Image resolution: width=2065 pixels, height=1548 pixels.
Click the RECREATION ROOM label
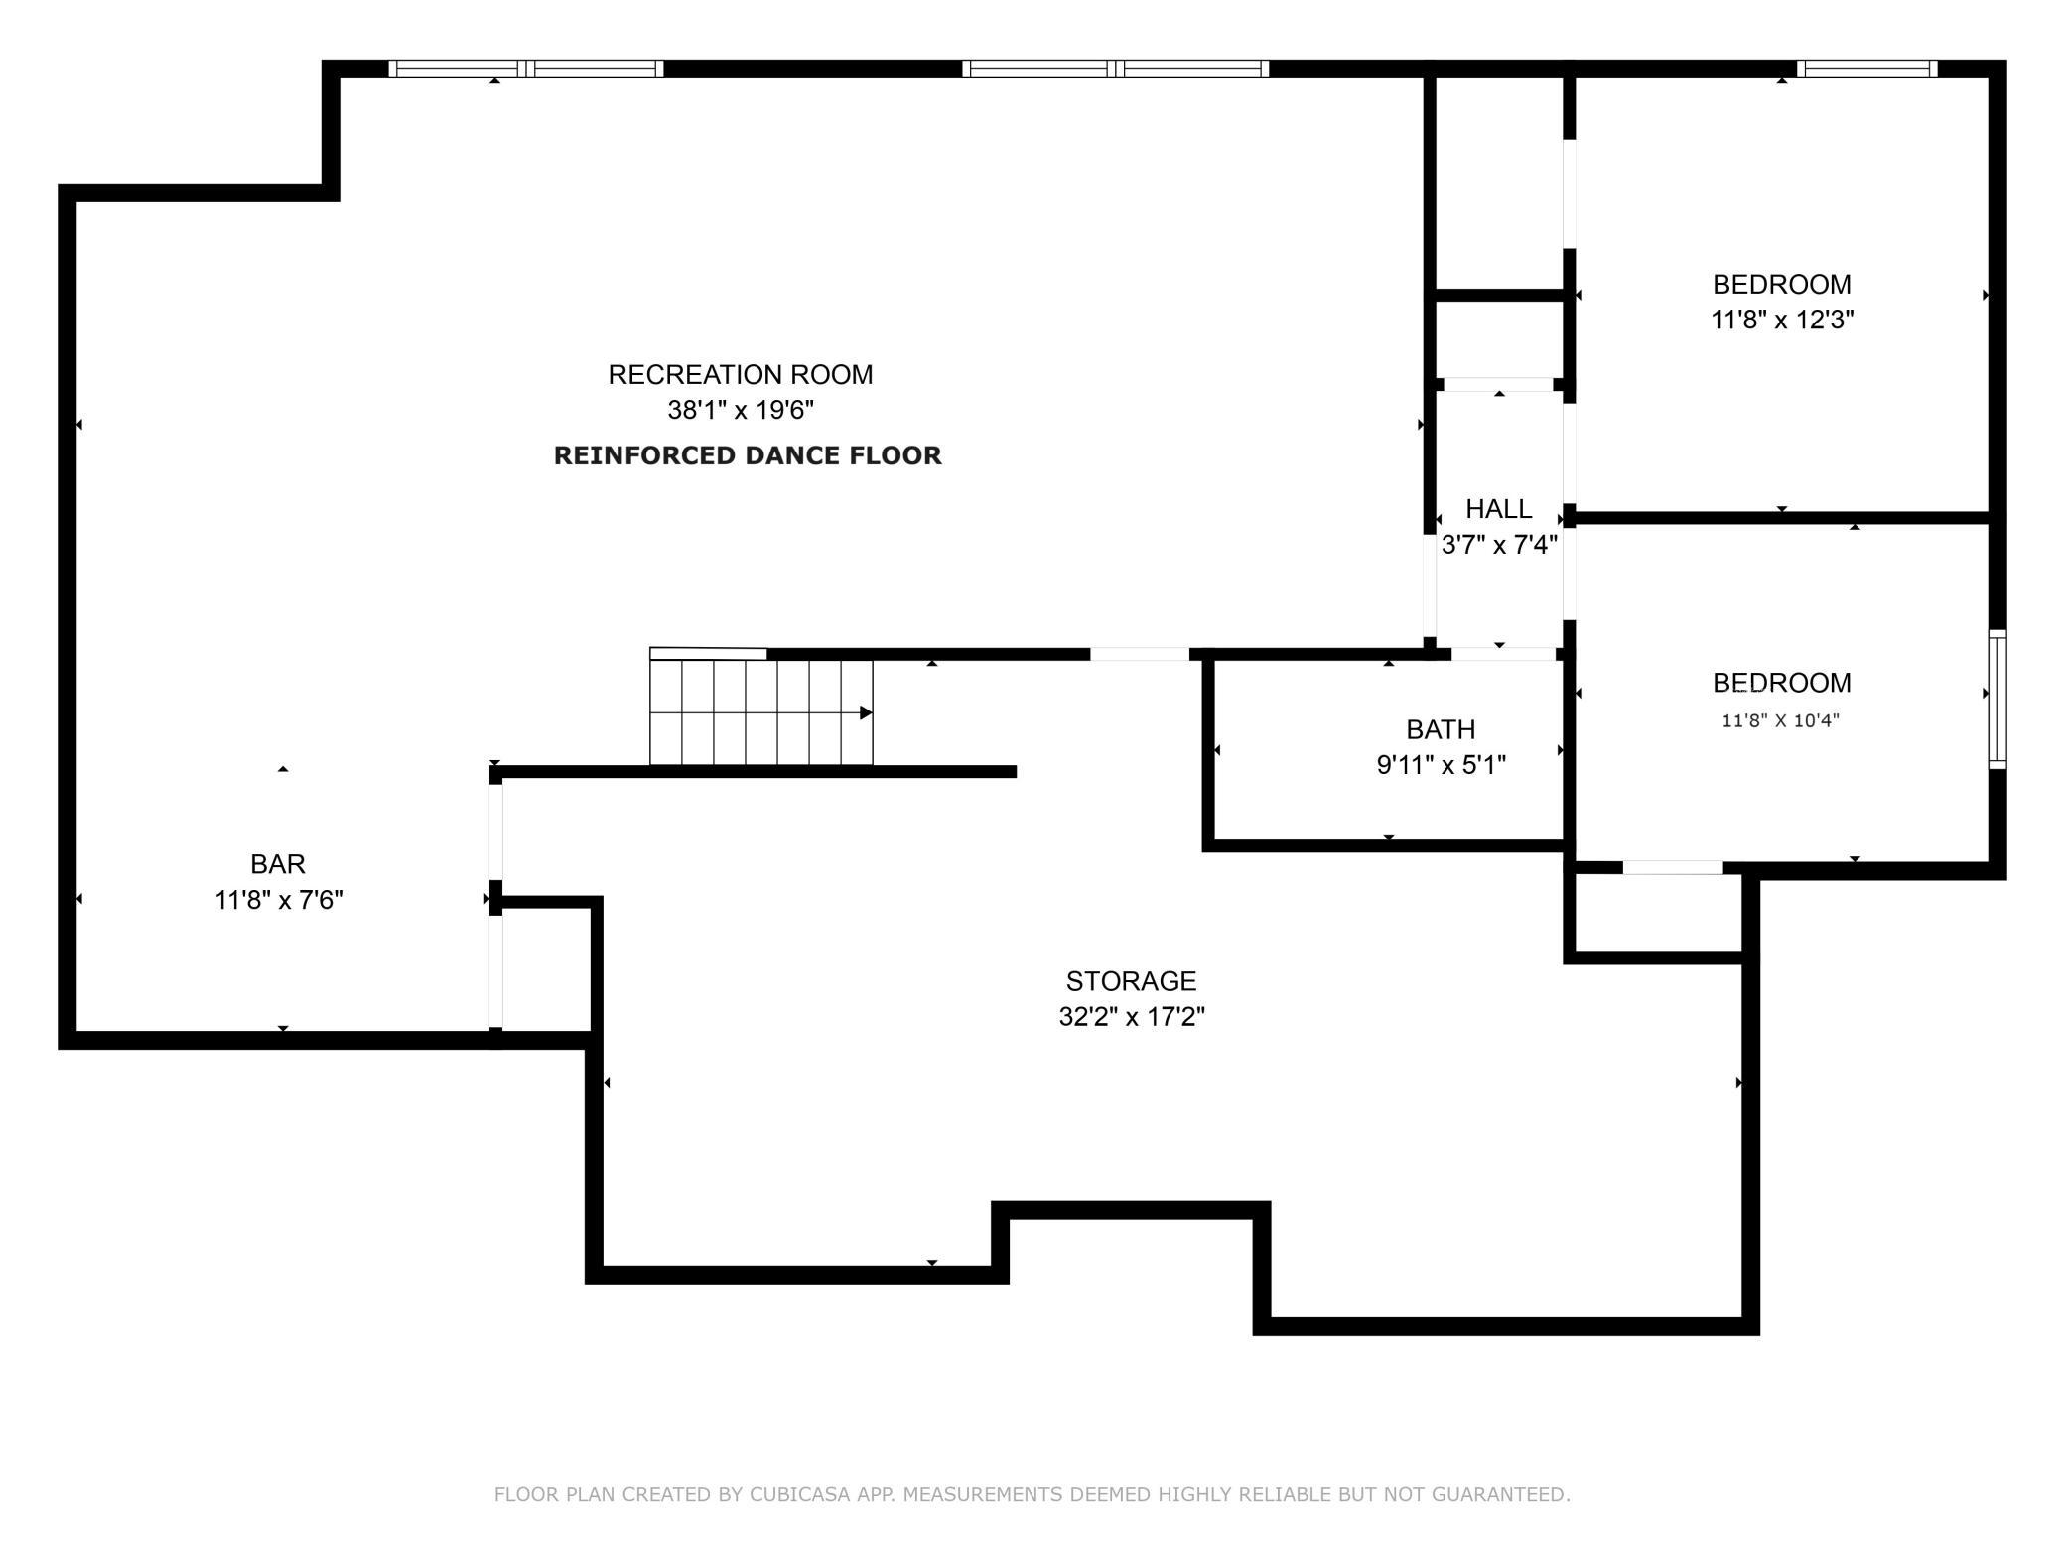(x=740, y=374)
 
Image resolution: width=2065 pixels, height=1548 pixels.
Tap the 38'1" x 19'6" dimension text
(x=740, y=410)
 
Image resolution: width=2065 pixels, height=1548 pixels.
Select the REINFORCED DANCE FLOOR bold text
(x=747, y=455)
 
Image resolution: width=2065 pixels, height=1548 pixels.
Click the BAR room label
(x=278, y=864)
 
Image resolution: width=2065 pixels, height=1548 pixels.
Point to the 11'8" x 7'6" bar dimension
(x=279, y=900)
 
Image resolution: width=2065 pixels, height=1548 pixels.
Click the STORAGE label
(x=1131, y=981)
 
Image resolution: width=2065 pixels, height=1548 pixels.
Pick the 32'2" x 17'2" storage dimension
(x=1131, y=1017)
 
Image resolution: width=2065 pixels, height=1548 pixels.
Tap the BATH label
(x=1441, y=729)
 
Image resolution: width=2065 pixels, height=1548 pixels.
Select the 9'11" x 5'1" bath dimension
(x=1441, y=765)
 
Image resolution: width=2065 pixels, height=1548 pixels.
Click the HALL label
(x=1498, y=509)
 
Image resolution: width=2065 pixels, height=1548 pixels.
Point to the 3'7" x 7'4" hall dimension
(x=1498, y=545)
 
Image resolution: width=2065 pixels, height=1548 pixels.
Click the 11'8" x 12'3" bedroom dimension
(x=1781, y=320)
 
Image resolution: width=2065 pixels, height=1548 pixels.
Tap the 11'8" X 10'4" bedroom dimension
(x=1780, y=721)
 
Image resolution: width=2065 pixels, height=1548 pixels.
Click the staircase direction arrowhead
(x=866, y=712)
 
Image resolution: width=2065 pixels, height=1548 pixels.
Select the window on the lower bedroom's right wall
(x=1996, y=699)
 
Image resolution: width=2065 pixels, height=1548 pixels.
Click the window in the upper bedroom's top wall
(x=1866, y=68)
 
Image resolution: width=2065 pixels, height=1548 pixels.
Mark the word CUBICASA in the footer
(x=793, y=1494)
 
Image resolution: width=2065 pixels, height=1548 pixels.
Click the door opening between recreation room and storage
(x=1140, y=654)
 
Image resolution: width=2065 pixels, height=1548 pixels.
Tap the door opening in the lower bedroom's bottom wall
(x=1672, y=868)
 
